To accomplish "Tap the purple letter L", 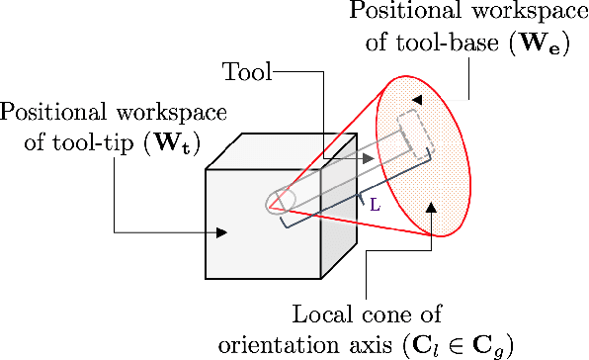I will (375, 207).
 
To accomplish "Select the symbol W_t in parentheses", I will (176, 144).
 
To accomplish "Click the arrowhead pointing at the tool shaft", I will (367, 158).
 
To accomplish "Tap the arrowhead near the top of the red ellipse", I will (417, 99).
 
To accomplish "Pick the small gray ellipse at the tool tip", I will (280, 202).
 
